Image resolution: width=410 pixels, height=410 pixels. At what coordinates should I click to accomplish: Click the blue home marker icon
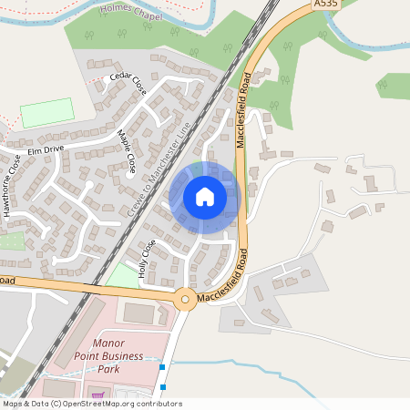click(x=205, y=197)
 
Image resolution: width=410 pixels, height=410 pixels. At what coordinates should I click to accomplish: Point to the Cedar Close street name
click(x=128, y=83)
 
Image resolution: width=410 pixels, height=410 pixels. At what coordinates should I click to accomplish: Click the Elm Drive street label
click(x=45, y=149)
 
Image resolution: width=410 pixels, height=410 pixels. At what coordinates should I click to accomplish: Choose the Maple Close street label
click(x=127, y=152)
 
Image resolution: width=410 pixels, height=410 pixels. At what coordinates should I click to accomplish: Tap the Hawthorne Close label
click(x=12, y=186)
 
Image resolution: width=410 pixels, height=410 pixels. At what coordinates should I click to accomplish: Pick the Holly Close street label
click(x=143, y=258)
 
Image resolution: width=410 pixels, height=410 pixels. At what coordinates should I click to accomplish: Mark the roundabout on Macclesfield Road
click(x=185, y=299)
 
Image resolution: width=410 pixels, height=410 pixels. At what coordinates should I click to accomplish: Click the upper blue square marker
click(x=163, y=366)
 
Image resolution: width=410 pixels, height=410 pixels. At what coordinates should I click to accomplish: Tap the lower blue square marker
click(x=163, y=385)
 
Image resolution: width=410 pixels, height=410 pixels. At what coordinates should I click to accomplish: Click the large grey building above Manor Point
click(x=138, y=313)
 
